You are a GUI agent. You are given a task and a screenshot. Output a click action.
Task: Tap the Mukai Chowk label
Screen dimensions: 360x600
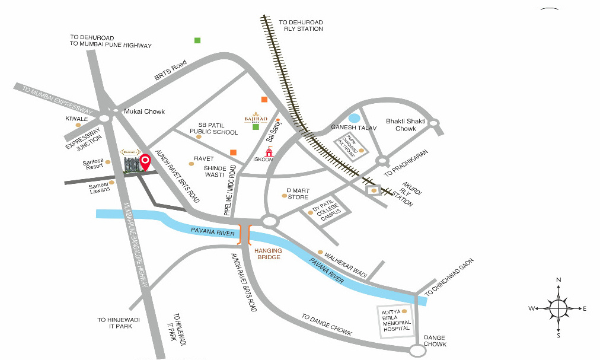(143, 111)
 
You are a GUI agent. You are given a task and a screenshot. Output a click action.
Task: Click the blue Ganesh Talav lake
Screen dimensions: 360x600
(354, 118)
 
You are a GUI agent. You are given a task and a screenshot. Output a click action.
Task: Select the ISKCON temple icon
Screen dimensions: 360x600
(269, 152)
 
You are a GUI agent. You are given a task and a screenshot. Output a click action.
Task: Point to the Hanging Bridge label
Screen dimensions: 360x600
(267, 254)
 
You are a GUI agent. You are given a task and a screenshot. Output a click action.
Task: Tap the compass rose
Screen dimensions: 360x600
(558, 308)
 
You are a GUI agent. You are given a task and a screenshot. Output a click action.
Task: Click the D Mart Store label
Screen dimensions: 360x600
(298, 193)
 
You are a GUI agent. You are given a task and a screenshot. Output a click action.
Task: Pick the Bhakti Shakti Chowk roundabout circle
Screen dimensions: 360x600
(434, 123)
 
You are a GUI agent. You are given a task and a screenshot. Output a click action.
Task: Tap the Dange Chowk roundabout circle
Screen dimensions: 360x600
(417, 351)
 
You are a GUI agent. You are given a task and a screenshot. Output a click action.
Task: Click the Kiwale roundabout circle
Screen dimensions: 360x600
(105, 119)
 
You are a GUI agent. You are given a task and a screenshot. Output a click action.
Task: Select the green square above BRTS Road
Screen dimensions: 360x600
(197, 40)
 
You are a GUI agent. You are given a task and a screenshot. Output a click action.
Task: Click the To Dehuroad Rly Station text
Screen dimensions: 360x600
(301, 26)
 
